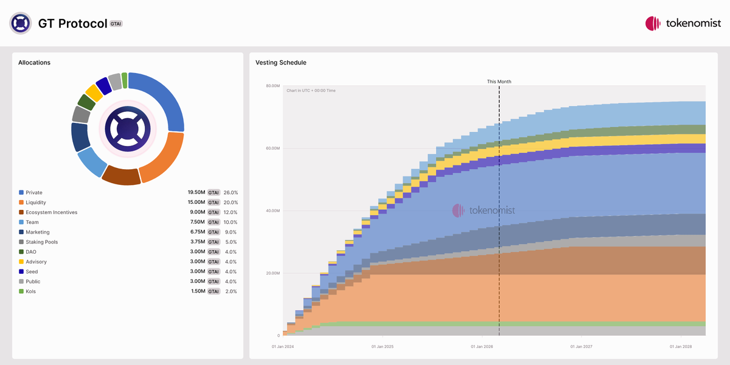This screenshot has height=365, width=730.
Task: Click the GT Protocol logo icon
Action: (21, 23)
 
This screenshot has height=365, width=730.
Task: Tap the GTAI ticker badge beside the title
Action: (116, 24)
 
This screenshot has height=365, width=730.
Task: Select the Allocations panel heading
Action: (34, 63)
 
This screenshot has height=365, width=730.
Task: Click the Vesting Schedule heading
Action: (280, 63)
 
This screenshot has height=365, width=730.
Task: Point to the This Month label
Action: (499, 82)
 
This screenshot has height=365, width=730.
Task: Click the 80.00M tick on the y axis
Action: (272, 86)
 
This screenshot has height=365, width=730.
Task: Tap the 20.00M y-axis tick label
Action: (272, 273)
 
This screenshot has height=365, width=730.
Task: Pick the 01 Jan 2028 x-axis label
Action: (681, 347)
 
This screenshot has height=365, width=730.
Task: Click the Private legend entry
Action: (34, 193)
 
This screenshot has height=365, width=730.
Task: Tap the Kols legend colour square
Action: (21, 291)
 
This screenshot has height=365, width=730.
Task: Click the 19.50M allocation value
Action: (196, 193)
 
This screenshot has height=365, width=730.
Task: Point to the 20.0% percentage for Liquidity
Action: (231, 203)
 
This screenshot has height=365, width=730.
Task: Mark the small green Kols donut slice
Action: (125, 80)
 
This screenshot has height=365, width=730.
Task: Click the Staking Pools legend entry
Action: (42, 242)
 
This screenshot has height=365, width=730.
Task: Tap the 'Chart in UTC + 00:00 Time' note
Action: (311, 91)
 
